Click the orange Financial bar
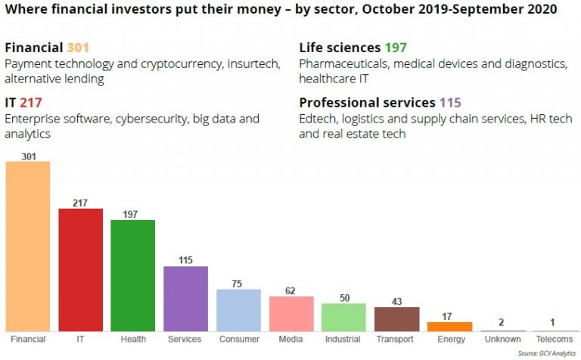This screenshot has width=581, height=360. click(28, 246)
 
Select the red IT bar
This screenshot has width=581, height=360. click(80, 269)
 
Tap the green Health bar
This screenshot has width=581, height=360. click(133, 275)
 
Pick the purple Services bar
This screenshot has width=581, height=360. click(186, 299)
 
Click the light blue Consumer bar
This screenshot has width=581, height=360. click(238, 310)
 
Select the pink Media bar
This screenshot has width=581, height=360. click(291, 313)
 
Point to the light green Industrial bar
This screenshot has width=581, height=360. click(343, 317)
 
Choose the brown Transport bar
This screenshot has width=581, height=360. click(396, 318)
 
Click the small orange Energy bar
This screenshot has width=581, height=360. click(449, 327)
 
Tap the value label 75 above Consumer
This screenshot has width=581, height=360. click(238, 283)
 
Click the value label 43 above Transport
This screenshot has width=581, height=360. click(396, 301)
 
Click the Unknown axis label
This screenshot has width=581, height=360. click(502, 340)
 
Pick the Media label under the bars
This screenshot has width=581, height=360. click(291, 340)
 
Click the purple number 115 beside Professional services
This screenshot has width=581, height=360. click(450, 103)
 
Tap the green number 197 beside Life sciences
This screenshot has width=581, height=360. click(396, 48)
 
